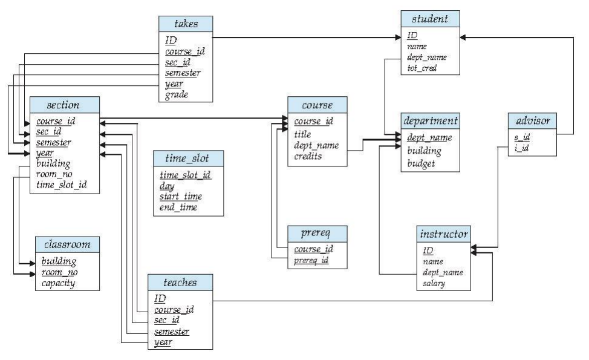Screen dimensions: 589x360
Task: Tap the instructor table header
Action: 443,234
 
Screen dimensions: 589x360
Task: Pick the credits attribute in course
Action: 308,156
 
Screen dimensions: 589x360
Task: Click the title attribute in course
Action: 303,134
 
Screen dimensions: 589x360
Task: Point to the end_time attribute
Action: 178,208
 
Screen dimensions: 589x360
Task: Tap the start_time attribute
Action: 180,197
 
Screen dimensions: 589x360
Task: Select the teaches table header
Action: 180,281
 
